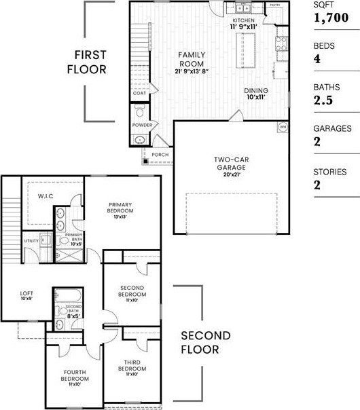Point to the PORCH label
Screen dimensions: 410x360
(160, 155)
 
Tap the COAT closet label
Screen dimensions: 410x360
(139, 94)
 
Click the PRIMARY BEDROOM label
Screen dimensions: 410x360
(120, 208)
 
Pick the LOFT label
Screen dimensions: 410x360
(26, 295)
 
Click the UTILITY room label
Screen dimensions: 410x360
(31, 240)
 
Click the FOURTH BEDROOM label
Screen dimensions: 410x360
(75, 375)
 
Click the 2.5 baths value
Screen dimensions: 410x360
(324, 100)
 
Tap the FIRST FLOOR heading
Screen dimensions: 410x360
(91, 62)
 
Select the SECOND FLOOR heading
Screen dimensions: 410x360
(205, 343)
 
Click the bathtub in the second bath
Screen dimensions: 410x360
(69, 295)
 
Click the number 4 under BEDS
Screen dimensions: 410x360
(317, 59)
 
